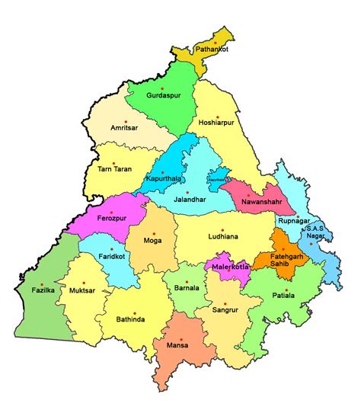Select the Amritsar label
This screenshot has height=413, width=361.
126,129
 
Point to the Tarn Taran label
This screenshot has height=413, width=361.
115,168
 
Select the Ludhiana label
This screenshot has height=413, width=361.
223,237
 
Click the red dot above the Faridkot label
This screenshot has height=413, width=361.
110,249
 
